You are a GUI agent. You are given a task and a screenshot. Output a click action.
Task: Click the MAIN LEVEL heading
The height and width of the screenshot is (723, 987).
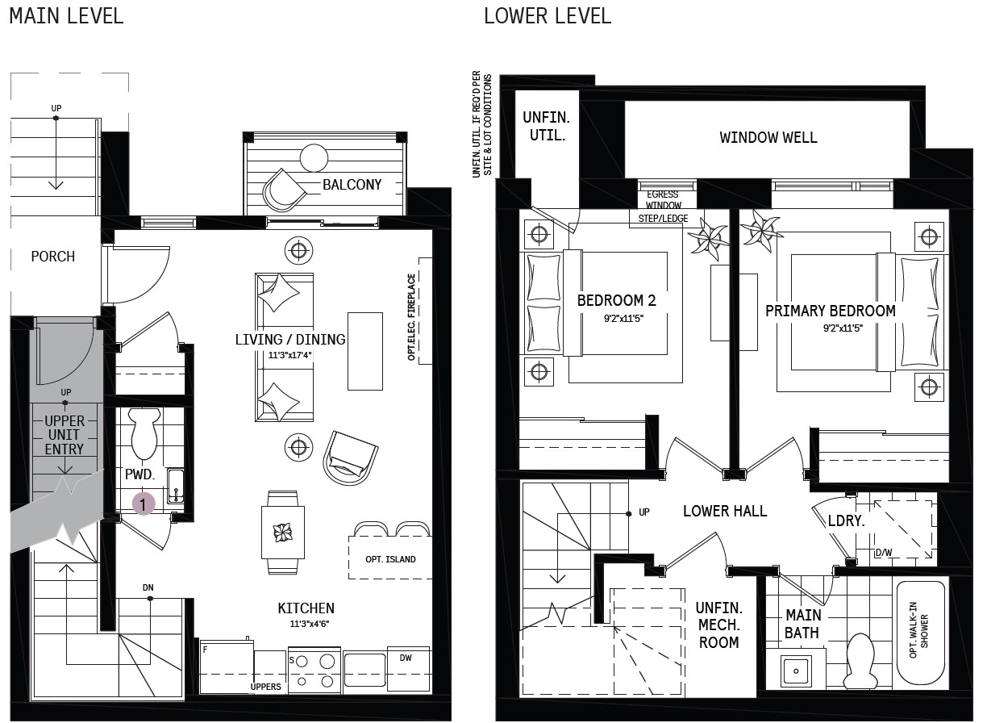66,16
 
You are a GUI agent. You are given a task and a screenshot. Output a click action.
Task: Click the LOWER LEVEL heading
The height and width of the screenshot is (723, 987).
548,16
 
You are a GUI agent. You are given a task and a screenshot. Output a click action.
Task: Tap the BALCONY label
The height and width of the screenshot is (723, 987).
352,184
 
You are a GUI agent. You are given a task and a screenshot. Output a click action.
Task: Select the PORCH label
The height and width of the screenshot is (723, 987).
53,256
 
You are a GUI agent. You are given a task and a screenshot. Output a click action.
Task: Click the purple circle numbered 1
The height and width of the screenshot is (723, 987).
143,504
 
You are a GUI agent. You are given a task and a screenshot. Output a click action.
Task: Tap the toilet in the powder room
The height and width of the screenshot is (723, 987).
144,433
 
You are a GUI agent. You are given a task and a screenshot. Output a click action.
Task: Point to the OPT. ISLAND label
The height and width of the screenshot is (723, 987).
390,559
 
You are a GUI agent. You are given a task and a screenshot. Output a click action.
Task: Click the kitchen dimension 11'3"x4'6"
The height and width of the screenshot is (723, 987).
310,624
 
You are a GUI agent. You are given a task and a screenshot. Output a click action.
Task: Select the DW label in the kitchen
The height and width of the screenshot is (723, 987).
406,658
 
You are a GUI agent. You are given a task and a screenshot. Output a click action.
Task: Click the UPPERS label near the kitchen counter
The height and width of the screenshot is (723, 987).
265,687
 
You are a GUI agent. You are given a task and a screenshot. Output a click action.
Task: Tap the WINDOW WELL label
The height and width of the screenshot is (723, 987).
768,137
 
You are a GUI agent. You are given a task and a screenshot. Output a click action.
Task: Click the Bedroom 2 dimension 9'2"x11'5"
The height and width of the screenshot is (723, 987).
623,318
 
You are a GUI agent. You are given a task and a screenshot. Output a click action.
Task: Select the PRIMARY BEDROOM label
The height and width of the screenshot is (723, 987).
830,311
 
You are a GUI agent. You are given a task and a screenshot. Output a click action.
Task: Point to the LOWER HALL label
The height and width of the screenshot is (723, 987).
725,511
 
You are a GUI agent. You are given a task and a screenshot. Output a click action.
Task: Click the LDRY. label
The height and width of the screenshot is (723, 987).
846,520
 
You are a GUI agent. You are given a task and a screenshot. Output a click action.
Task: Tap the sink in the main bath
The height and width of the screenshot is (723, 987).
796,671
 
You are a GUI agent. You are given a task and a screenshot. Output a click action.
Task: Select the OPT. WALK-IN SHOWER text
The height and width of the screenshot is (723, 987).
918,630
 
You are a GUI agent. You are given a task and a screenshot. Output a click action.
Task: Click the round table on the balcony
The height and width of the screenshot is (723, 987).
314,157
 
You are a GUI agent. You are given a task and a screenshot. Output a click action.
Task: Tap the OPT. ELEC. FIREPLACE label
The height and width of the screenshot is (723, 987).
411,317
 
